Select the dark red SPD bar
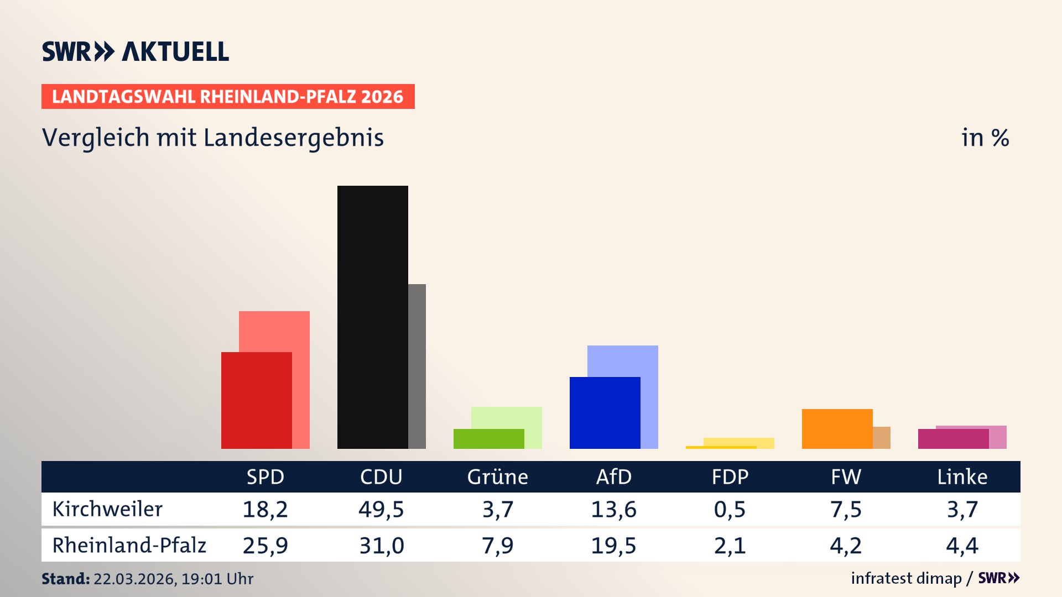256,400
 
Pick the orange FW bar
837,428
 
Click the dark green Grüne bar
488,438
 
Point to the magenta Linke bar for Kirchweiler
953,439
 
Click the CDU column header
381,476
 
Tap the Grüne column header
497,476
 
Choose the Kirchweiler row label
107,509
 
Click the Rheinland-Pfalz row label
129,545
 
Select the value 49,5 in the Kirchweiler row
381,509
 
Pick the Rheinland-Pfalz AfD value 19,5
613,546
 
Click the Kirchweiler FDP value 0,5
730,509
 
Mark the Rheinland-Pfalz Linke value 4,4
962,546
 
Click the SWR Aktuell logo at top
136,51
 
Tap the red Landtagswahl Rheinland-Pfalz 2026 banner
228,97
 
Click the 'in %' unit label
985,138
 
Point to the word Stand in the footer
65,579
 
